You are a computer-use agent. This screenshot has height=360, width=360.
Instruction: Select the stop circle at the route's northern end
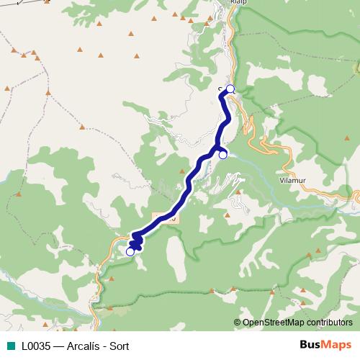[230, 89]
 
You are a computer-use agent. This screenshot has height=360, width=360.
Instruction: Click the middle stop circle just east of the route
[223, 154]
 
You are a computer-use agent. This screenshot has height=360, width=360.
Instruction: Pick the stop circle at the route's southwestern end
[130, 251]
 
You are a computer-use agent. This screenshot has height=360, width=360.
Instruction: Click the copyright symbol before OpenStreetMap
[237, 323]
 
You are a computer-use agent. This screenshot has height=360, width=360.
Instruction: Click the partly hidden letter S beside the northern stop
[221, 90]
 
